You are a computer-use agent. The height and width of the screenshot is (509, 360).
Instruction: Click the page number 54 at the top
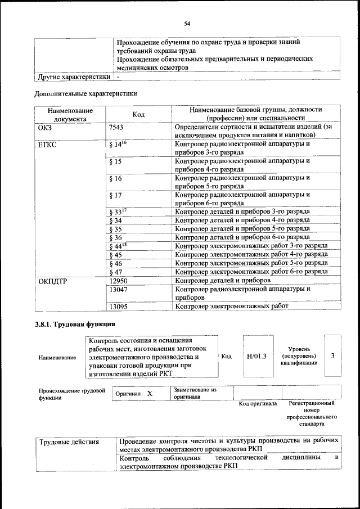(187, 23)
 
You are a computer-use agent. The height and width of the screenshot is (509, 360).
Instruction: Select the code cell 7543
(116, 127)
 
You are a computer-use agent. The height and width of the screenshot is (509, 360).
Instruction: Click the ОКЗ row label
(44, 127)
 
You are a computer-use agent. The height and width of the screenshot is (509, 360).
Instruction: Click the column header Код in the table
(138, 114)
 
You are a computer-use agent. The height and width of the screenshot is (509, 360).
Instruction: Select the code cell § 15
(115, 161)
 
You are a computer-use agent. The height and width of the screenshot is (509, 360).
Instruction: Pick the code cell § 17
(115, 195)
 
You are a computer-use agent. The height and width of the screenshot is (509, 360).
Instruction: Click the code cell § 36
(115, 237)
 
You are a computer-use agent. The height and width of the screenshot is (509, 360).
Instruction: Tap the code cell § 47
(115, 272)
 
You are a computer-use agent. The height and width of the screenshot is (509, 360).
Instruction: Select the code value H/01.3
(256, 356)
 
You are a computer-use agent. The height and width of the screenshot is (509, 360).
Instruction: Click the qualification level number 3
(332, 356)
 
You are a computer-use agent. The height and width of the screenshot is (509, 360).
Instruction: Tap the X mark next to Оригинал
(150, 394)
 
